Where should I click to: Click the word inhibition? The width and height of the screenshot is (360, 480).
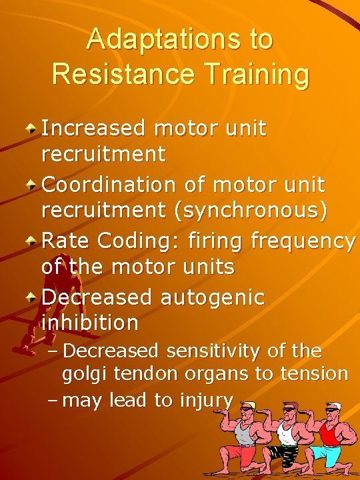tap(89, 323)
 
